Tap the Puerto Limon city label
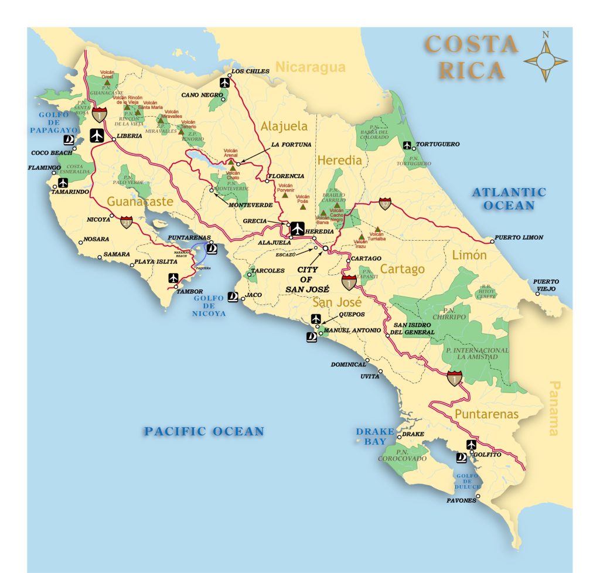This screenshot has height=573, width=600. [x=519, y=237]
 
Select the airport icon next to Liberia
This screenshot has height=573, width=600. [x=97, y=135]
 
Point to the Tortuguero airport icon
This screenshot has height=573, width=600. [x=407, y=145]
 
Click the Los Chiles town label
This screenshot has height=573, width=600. [x=250, y=71]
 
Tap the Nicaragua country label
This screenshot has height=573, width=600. [x=311, y=67]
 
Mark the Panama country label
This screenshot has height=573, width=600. [x=553, y=408]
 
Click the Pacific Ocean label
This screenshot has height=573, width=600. [x=204, y=432]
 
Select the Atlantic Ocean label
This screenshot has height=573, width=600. [x=509, y=199]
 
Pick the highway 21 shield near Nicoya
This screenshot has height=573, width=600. [x=127, y=221]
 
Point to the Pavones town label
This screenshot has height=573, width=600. [x=461, y=501]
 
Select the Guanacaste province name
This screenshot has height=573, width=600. [x=140, y=202]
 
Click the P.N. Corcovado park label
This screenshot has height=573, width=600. [x=403, y=455]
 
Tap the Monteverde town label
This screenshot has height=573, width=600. [x=246, y=205]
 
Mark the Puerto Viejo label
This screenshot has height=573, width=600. [x=546, y=285]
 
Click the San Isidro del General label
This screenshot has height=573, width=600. [x=414, y=329]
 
